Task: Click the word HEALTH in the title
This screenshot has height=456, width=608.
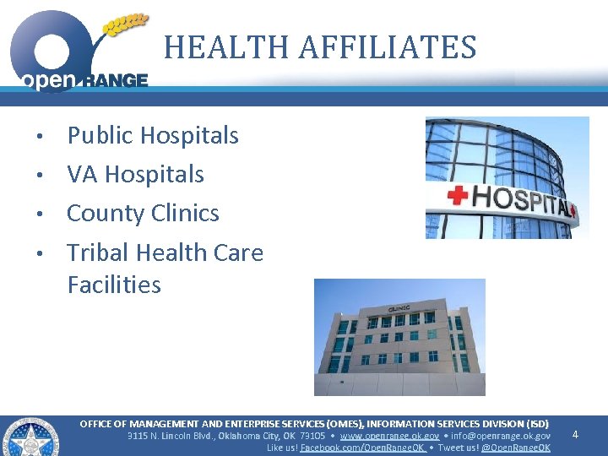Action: coord(218,47)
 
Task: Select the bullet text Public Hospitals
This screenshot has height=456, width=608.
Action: coord(153,135)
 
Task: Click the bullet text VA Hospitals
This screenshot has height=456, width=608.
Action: coord(135,174)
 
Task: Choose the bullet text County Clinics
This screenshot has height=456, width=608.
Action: coord(143,213)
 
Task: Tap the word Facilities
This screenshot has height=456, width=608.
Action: coord(114,285)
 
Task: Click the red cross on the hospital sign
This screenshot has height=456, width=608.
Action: coord(457,197)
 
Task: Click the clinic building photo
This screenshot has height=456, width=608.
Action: coord(399,337)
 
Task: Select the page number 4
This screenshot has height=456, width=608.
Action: coord(575,435)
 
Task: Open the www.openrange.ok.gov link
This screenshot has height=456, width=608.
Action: coord(388,436)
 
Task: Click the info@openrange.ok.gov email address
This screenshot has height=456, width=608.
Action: coord(500,436)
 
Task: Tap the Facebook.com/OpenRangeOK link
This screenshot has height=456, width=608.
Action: coord(363,448)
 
